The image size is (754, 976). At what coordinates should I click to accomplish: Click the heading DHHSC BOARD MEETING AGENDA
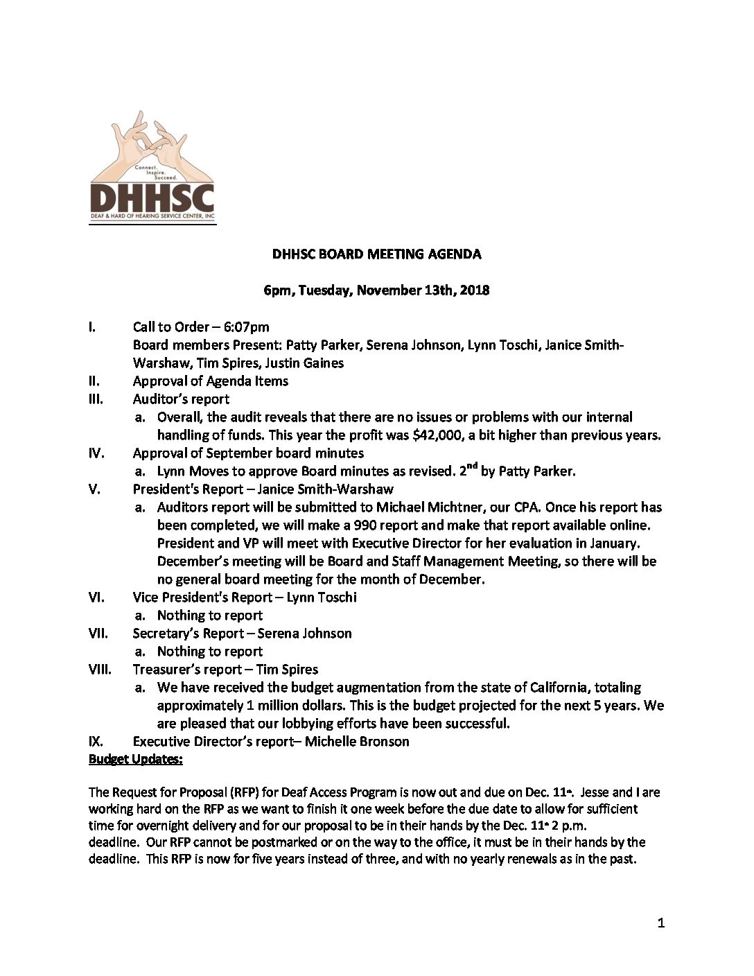point(376,254)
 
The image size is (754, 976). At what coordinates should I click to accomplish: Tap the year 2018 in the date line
point(475,290)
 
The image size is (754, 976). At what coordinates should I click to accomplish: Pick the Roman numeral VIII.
point(100,670)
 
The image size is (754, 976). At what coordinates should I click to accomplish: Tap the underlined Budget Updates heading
point(136,760)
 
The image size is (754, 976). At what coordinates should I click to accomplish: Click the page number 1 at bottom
point(660,923)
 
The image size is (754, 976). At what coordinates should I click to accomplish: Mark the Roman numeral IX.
point(96,742)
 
